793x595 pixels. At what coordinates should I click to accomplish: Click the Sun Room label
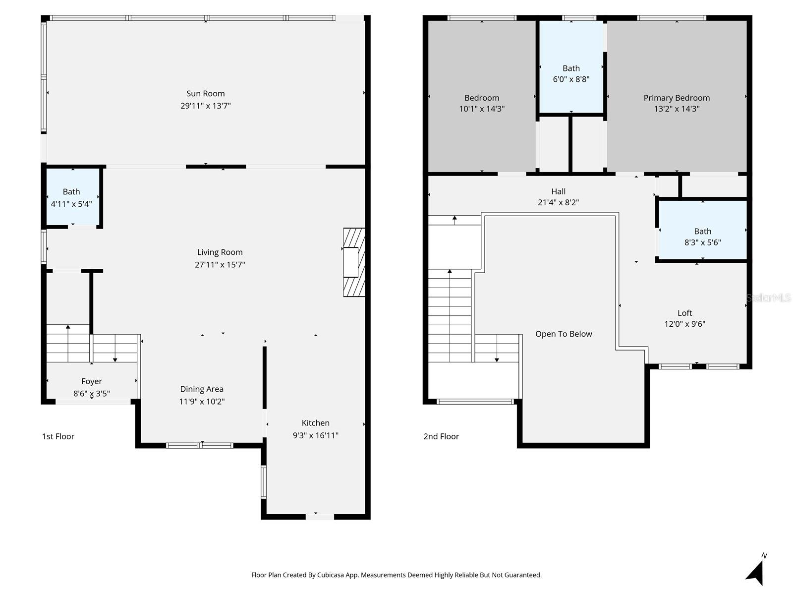(205, 94)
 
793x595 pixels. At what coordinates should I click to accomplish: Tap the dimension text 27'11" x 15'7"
(220, 265)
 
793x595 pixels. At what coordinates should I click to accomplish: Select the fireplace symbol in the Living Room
(354, 262)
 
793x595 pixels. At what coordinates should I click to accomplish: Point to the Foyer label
(92, 381)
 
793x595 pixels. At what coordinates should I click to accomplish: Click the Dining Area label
(202, 389)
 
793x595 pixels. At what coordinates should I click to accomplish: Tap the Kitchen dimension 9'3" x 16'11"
(315, 435)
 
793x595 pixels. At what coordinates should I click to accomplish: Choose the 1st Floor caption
(58, 436)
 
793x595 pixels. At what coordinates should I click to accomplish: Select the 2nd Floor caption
(441, 436)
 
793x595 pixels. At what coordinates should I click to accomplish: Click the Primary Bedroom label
(677, 98)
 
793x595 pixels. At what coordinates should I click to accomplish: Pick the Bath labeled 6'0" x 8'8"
(571, 73)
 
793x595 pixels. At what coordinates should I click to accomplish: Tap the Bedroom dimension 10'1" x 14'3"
(481, 109)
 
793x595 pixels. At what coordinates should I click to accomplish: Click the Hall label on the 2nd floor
(558, 191)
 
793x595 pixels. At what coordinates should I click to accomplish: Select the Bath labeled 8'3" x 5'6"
(702, 237)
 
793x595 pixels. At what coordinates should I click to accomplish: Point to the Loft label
(684, 313)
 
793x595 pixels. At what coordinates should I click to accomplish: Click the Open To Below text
(564, 334)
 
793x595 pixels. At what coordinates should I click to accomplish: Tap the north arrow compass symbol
(756, 572)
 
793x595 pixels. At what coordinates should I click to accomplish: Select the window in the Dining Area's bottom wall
(200, 445)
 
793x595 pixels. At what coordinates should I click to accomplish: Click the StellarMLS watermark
(768, 297)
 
